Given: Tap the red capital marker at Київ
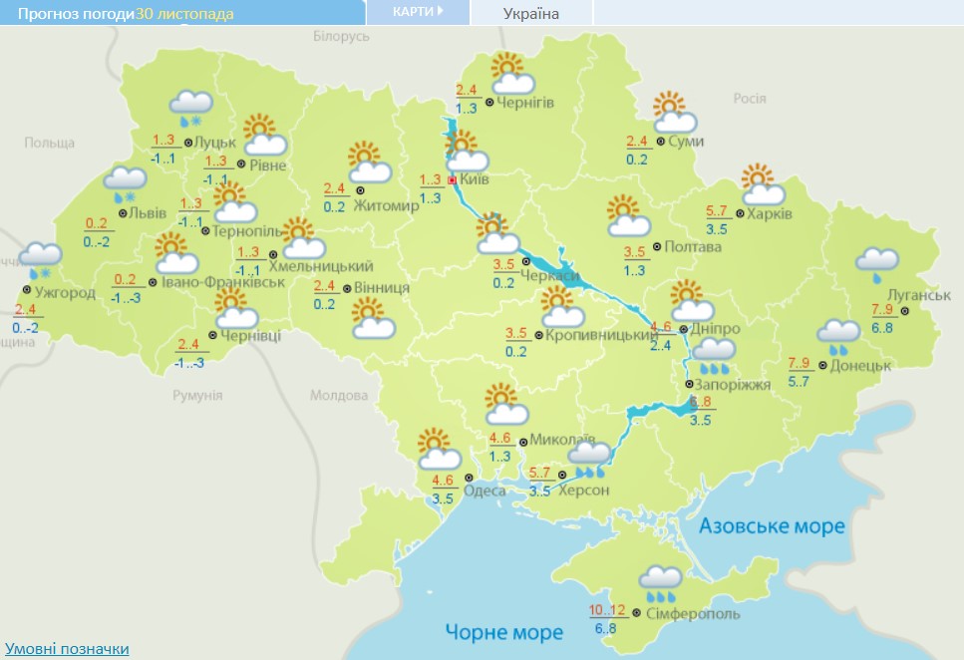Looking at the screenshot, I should click(x=452, y=180).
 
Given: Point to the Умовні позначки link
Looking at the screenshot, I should click(x=67, y=649).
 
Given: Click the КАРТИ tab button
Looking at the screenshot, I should click(x=417, y=11).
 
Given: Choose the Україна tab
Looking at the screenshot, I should click(x=530, y=13).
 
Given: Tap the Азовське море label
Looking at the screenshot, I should click(x=772, y=525).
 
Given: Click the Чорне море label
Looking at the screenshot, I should click(x=504, y=631).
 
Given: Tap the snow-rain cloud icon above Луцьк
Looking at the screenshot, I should click(x=190, y=106).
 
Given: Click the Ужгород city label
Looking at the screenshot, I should click(x=65, y=293).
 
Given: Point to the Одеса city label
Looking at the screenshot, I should click(x=484, y=490).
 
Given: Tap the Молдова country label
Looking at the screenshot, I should click(x=339, y=396).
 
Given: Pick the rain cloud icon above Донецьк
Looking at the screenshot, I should click(x=837, y=337).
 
